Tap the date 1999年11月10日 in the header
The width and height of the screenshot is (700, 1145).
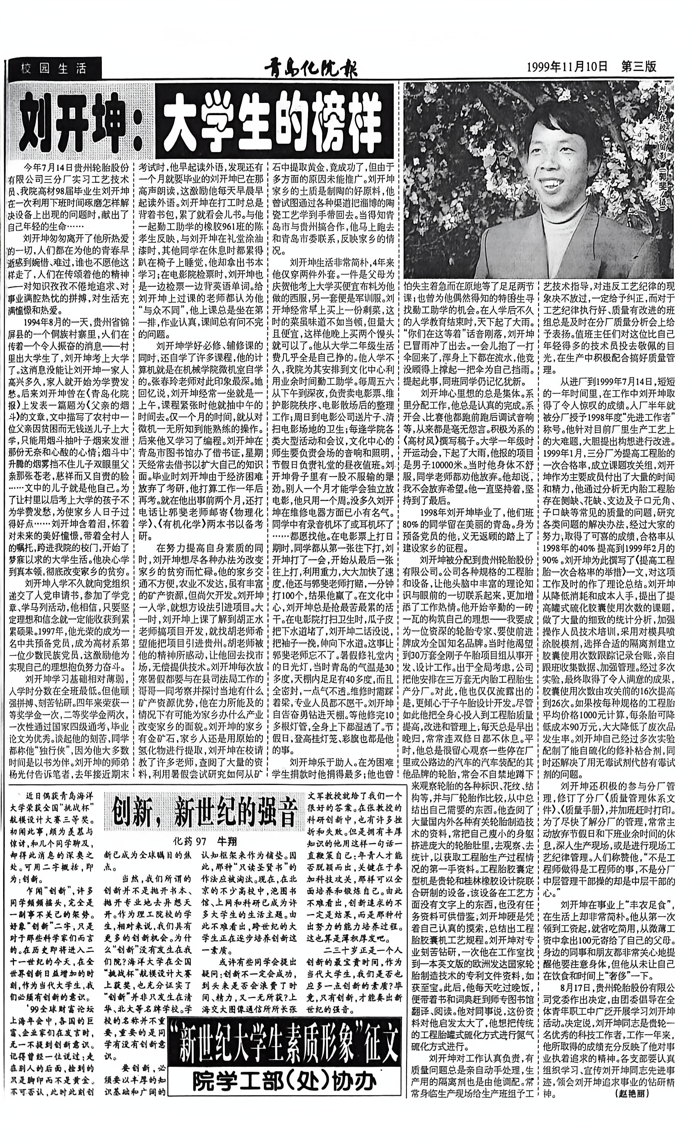coord(567,66)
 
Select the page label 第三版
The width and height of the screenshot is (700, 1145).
coord(639,66)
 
